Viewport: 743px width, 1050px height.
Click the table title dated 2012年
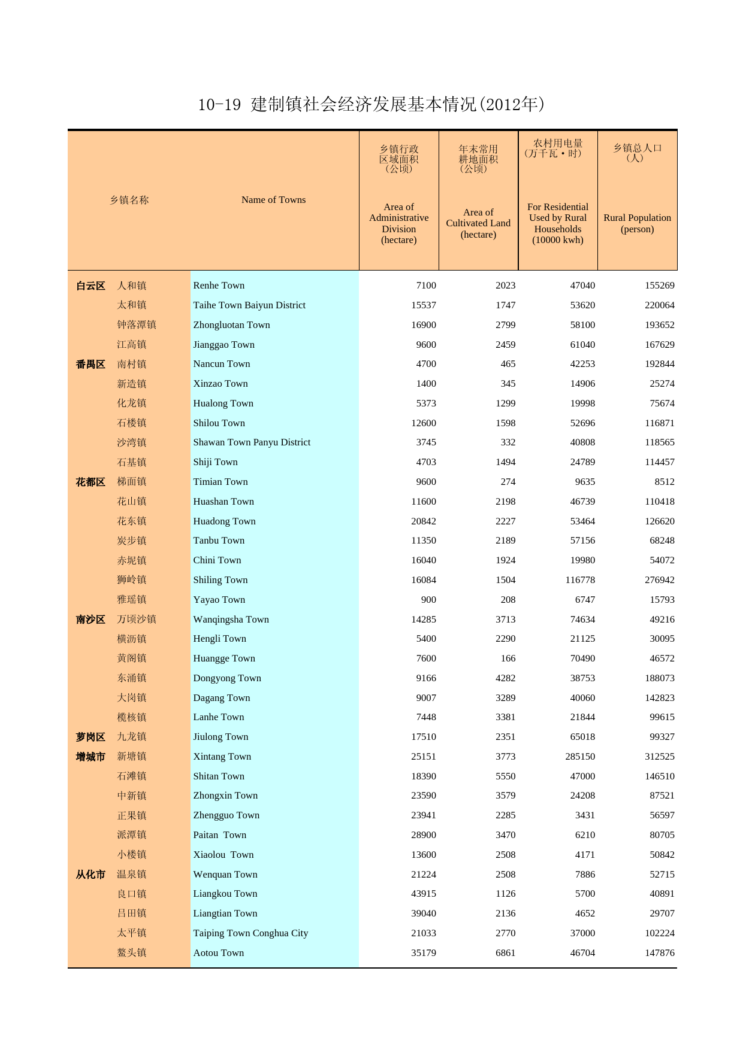371,105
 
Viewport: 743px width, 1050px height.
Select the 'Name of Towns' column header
273,200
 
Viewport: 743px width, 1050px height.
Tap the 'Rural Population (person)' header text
637,223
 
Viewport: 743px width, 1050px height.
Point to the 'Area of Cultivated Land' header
478,223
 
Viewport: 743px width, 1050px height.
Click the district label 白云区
90,286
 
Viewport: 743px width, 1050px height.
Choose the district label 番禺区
90,365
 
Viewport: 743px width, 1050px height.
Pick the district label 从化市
90,875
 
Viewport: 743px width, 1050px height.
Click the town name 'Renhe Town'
219,286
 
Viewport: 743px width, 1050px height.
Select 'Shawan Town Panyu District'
252,442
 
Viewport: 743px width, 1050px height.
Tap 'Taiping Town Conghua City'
250,933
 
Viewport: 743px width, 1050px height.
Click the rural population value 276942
659,580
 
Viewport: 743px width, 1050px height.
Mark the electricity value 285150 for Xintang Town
580,757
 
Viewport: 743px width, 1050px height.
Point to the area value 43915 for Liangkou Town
424,894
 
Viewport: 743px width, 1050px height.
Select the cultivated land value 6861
505,953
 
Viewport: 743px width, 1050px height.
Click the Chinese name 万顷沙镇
137,620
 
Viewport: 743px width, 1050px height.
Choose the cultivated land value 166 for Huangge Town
508,658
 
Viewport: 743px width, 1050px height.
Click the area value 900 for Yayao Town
428,600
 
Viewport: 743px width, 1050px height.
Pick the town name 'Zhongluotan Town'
231,325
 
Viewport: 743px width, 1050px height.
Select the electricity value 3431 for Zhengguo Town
585,815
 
